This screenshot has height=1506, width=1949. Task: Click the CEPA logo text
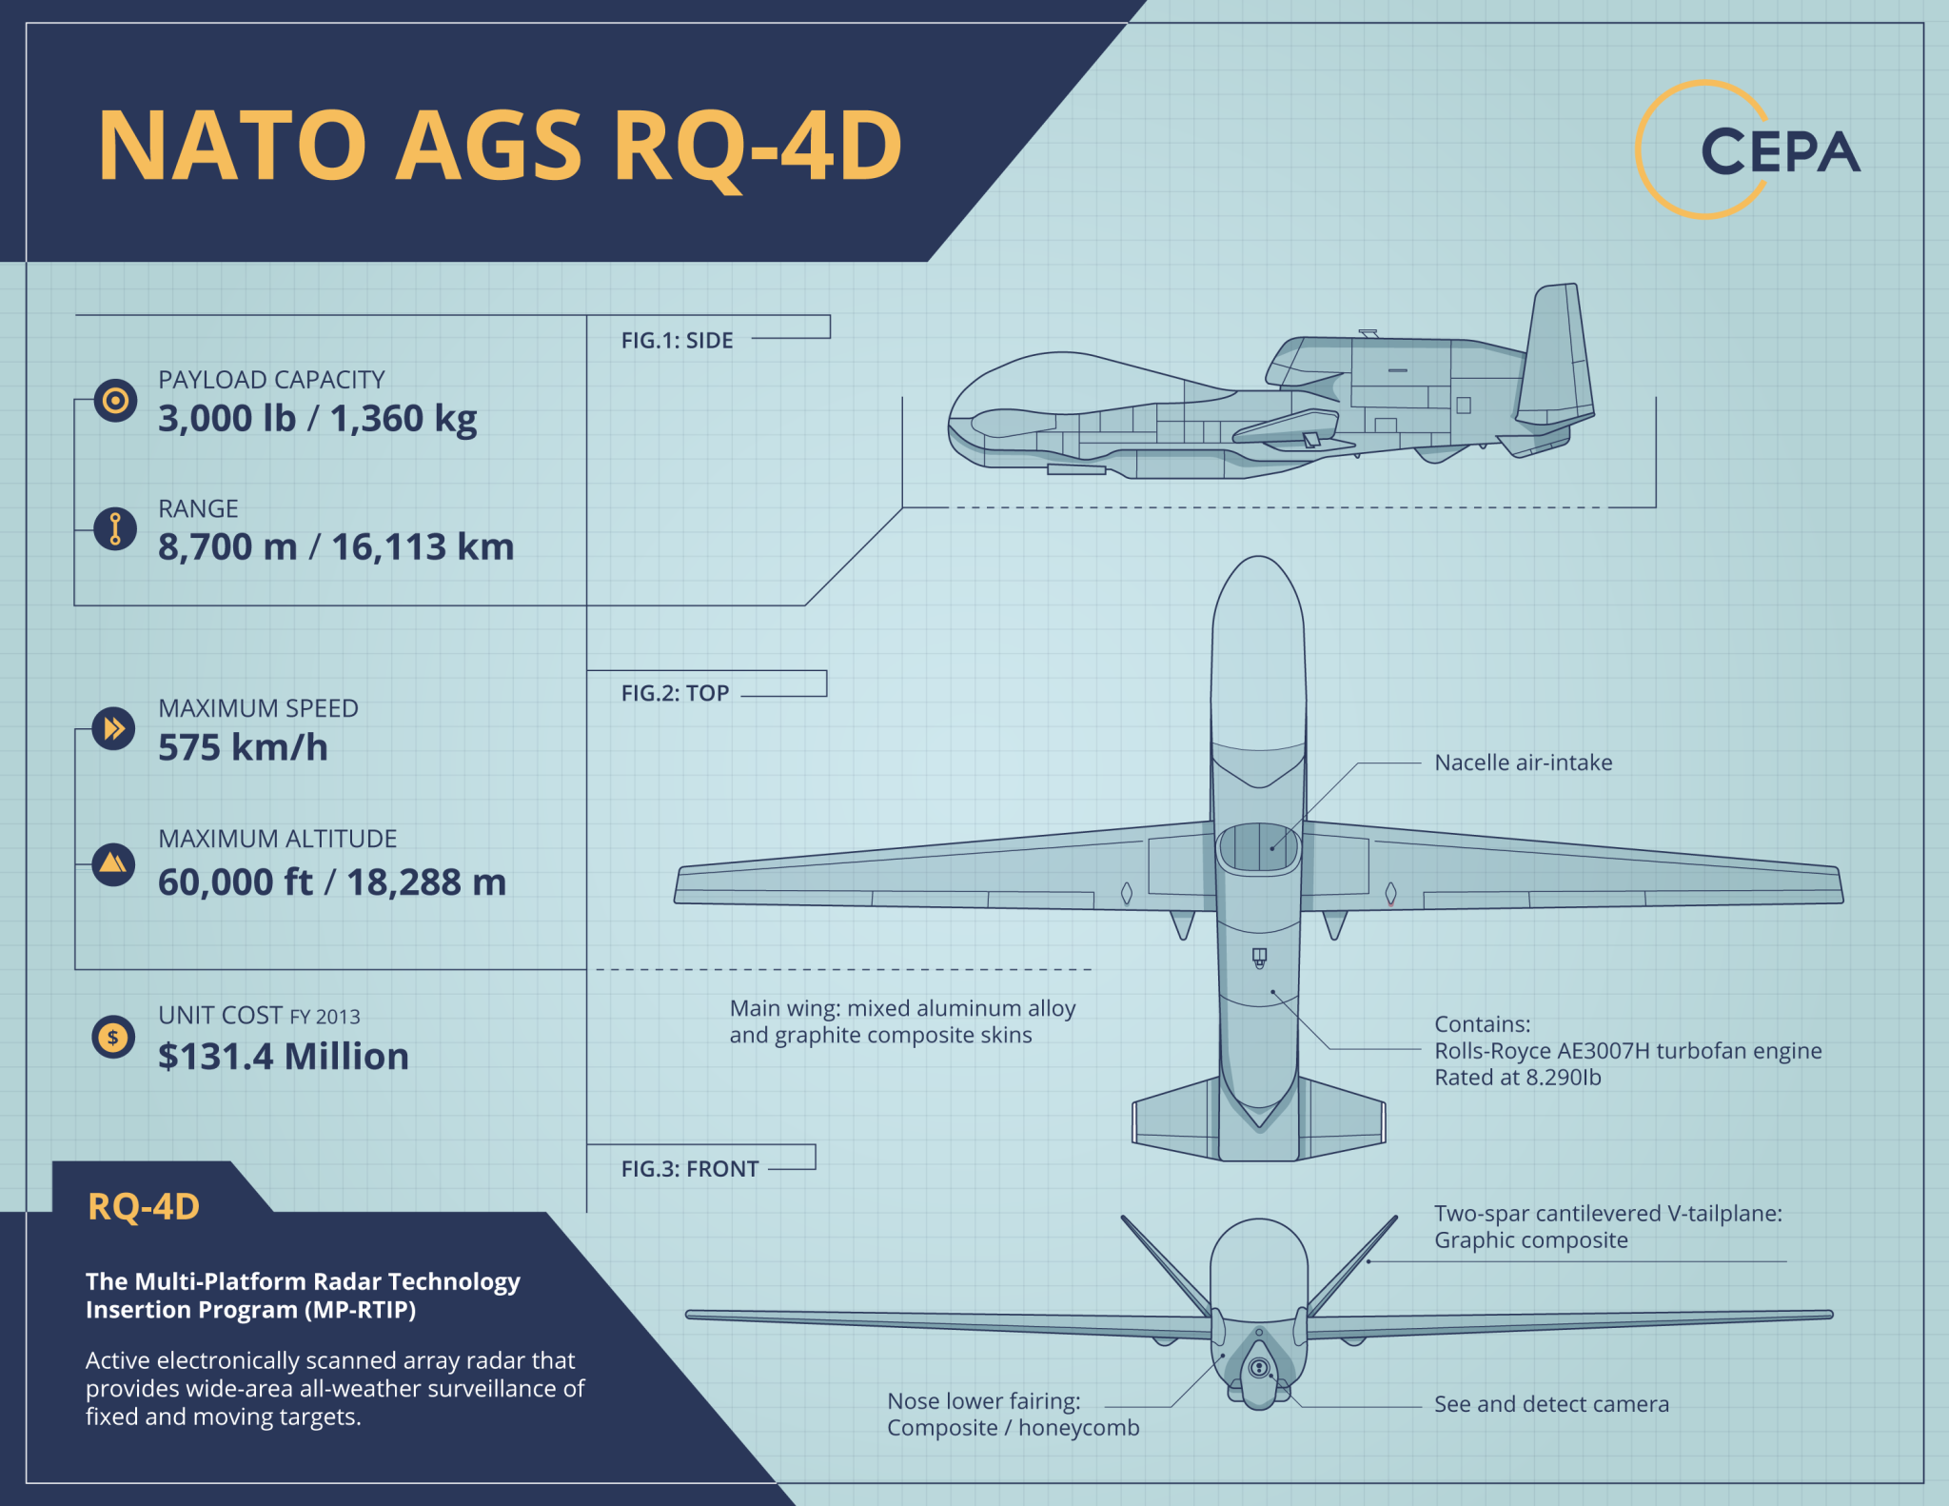pos(1779,152)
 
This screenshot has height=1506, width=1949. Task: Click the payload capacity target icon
pos(115,401)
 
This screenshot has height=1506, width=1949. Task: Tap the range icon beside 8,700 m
pos(115,528)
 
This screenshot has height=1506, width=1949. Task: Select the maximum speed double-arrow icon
pos(114,729)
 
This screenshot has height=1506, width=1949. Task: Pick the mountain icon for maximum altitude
pos(113,863)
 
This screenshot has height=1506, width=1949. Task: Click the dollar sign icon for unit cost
pos(113,1038)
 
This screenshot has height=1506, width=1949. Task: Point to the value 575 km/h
pos(243,747)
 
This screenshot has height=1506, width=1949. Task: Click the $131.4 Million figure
pos(284,1057)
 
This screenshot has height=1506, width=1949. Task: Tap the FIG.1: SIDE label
pos(677,341)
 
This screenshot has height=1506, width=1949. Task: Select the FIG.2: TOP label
pos(675,693)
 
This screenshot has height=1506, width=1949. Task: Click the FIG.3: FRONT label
pos(689,1169)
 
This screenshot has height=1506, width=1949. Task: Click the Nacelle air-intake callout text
pos(1523,763)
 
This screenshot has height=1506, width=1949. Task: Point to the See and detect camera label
pos(1551,1404)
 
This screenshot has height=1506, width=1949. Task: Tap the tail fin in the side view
pos(1555,357)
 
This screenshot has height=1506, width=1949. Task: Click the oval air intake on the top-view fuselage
pos(1258,847)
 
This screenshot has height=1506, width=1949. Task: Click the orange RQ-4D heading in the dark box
pos(144,1207)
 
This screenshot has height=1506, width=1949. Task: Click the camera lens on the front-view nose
pos(1259,1368)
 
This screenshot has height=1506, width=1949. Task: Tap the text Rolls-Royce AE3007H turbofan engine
pos(1627,1051)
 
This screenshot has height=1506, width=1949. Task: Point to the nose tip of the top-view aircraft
pos(1258,561)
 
